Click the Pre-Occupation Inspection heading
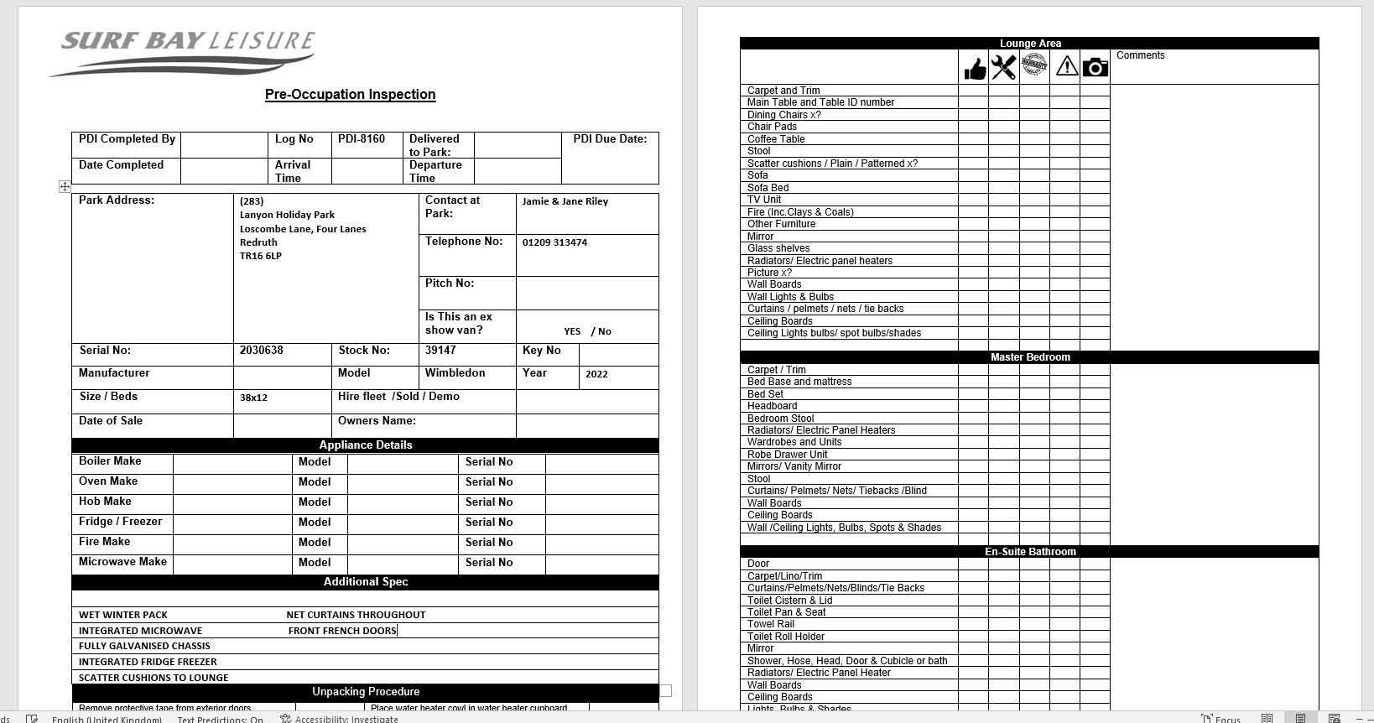tap(350, 95)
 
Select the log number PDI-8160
tap(362, 139)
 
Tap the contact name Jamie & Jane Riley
tap(565, 201)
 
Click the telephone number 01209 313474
tap(554, 242)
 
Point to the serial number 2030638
tap(261, 351)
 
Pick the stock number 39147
tap(440, 351)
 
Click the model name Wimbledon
tap(455, 373)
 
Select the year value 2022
tap(596, 374)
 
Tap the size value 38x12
tap(253, 398)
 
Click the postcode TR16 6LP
tap(260, 256)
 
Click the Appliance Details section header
tap(365, 445)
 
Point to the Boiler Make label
tap(110, 461)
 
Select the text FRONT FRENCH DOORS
tap(341, 631)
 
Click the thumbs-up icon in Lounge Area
tap(974, 68)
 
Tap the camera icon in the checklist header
tap(1095, 67)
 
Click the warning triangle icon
tap(1066, 66)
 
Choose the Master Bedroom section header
tap(1029, 357)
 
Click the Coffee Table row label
tap(776, 139)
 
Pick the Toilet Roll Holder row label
tap(785, 637)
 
